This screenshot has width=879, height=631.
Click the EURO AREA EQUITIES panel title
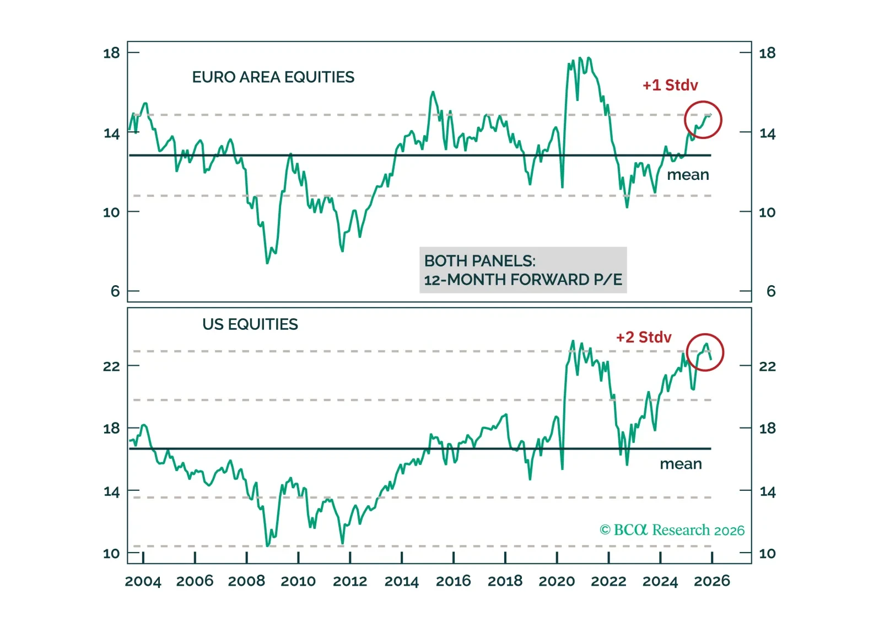273,77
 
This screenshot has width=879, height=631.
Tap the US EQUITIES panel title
250,324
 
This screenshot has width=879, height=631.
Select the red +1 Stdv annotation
670,85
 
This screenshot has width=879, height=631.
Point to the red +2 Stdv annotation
643,338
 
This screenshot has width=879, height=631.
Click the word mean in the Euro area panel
688,175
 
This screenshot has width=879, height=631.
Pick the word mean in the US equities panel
681,464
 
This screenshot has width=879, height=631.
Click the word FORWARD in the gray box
549,280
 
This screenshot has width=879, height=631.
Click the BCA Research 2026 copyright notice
671,530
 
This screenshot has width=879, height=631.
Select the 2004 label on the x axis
143,581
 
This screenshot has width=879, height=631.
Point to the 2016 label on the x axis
453,581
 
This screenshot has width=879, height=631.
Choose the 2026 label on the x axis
711,581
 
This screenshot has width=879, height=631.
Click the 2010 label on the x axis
298,581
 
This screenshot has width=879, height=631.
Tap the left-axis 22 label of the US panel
111,366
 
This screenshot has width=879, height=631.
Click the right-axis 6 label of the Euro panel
770,291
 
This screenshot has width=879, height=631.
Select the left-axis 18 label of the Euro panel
111,53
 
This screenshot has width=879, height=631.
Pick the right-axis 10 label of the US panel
767,554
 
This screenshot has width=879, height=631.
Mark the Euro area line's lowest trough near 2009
267,263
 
